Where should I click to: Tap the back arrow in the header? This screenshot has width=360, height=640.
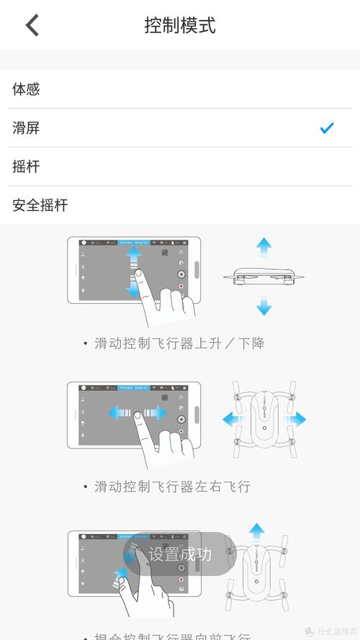[32, 25]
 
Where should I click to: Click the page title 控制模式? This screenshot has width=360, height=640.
[180, 26]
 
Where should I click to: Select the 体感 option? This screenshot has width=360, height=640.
[27, 89]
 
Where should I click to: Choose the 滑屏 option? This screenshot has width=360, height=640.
[27, 128]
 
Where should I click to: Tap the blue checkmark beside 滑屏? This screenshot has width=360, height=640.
[327, 128]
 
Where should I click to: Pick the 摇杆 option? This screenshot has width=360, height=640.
[27, 167]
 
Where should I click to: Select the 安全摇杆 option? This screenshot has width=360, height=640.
[40, 205]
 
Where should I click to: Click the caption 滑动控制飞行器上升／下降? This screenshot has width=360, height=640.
[179, 343]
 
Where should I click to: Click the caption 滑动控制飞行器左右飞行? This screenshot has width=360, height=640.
[172, 487]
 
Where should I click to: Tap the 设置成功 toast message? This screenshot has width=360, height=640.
[180, 554]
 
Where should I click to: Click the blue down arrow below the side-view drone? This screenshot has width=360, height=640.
[264, 307]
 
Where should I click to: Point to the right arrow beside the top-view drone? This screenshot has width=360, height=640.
[296, 419]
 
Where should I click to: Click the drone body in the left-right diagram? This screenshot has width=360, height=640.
[264, 419]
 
